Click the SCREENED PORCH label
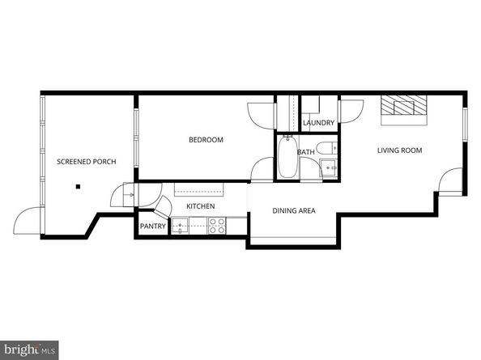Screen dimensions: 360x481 pos(86,162)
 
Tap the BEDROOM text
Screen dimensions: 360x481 pos(206,140)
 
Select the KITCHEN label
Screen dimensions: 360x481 pos(201,207)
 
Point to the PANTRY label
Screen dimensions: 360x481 pos(152,227)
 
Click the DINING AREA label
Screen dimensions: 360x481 pos(293,211)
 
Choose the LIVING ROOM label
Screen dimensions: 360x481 pos(399,150)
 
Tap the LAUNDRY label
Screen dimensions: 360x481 pos(318,123)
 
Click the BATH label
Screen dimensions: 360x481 pos(306,152)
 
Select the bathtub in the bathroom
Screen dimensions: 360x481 pos(287,159)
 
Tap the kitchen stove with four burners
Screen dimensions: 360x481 pos(217,227)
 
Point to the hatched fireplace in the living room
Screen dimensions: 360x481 pos(404,108)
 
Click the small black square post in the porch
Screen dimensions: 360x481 pos(79,187)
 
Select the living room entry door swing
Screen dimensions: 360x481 pos(450,180)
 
